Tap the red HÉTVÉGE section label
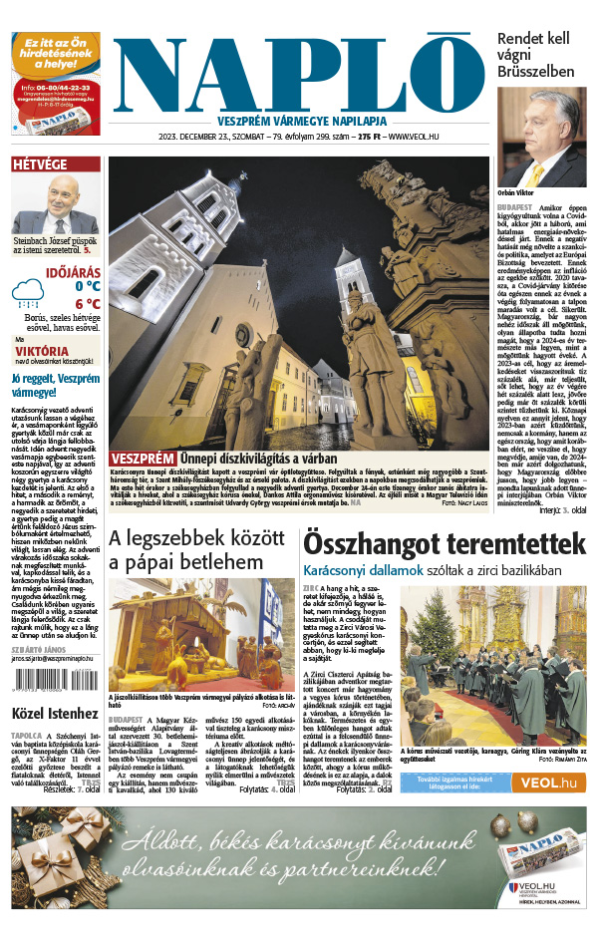click(40, 164)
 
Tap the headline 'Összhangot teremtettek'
click(444, 543)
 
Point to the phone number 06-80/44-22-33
click(57, 88)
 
